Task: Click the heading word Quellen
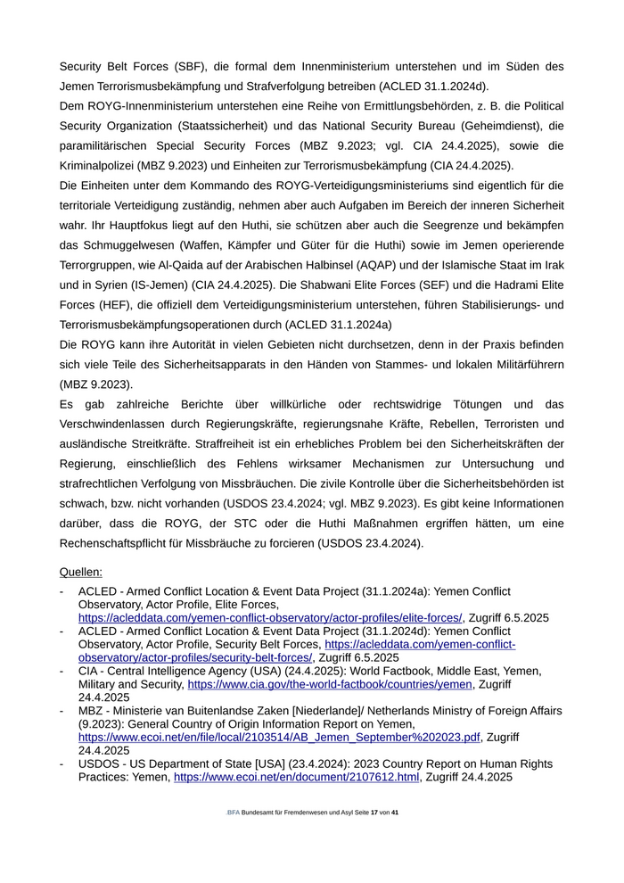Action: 81,571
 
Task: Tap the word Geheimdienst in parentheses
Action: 525,126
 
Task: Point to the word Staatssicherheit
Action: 216,126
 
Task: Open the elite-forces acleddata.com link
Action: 270,618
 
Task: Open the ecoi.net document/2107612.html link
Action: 297,777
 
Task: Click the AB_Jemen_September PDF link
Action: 280,738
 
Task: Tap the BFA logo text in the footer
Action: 234,813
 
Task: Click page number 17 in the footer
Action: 374,813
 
